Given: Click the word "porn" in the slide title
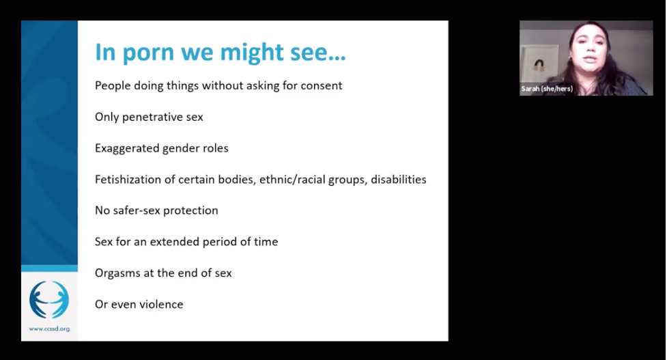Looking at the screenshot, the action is pyautogui.click(x=148, y=53).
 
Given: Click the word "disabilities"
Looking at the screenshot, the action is pyautogui.click(x=399, y=180).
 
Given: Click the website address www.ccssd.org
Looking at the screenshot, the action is pyautogui.click(x=49, y=329).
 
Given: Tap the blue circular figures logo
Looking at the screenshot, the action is pyautogui.click(x=49, y=300).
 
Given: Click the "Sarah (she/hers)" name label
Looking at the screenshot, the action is pyautogui.click(x=547, y=89).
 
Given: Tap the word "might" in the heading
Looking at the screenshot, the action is pyautogui.click(x=252, y=53).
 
